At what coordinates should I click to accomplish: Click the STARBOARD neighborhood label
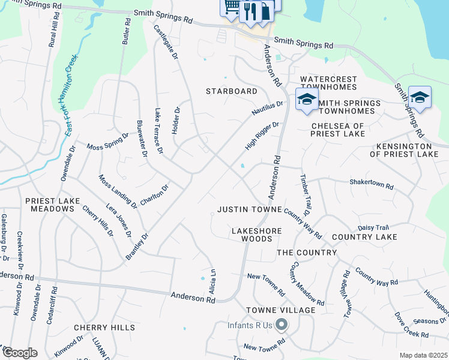tap(231, 91)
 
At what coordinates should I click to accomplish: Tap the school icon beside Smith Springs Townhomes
tap(306, 100)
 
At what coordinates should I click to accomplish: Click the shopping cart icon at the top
tap(231, 8)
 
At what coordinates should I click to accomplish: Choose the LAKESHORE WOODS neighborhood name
tap(252, 235)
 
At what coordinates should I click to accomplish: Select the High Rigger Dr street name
tap(262, 136)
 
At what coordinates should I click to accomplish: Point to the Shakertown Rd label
tap(371, 185)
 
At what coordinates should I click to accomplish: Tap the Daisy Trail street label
tap(373, 227)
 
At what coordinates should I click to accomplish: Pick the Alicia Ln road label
tap(212, 281)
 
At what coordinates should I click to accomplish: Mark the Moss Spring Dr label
tap(107, 142)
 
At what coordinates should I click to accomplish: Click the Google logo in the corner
tap(19, 353)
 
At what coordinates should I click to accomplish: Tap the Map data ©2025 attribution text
tap(423, 355)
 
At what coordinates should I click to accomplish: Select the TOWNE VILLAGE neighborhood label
tap(280, 310)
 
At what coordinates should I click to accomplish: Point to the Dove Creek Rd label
tap(411, 324)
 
